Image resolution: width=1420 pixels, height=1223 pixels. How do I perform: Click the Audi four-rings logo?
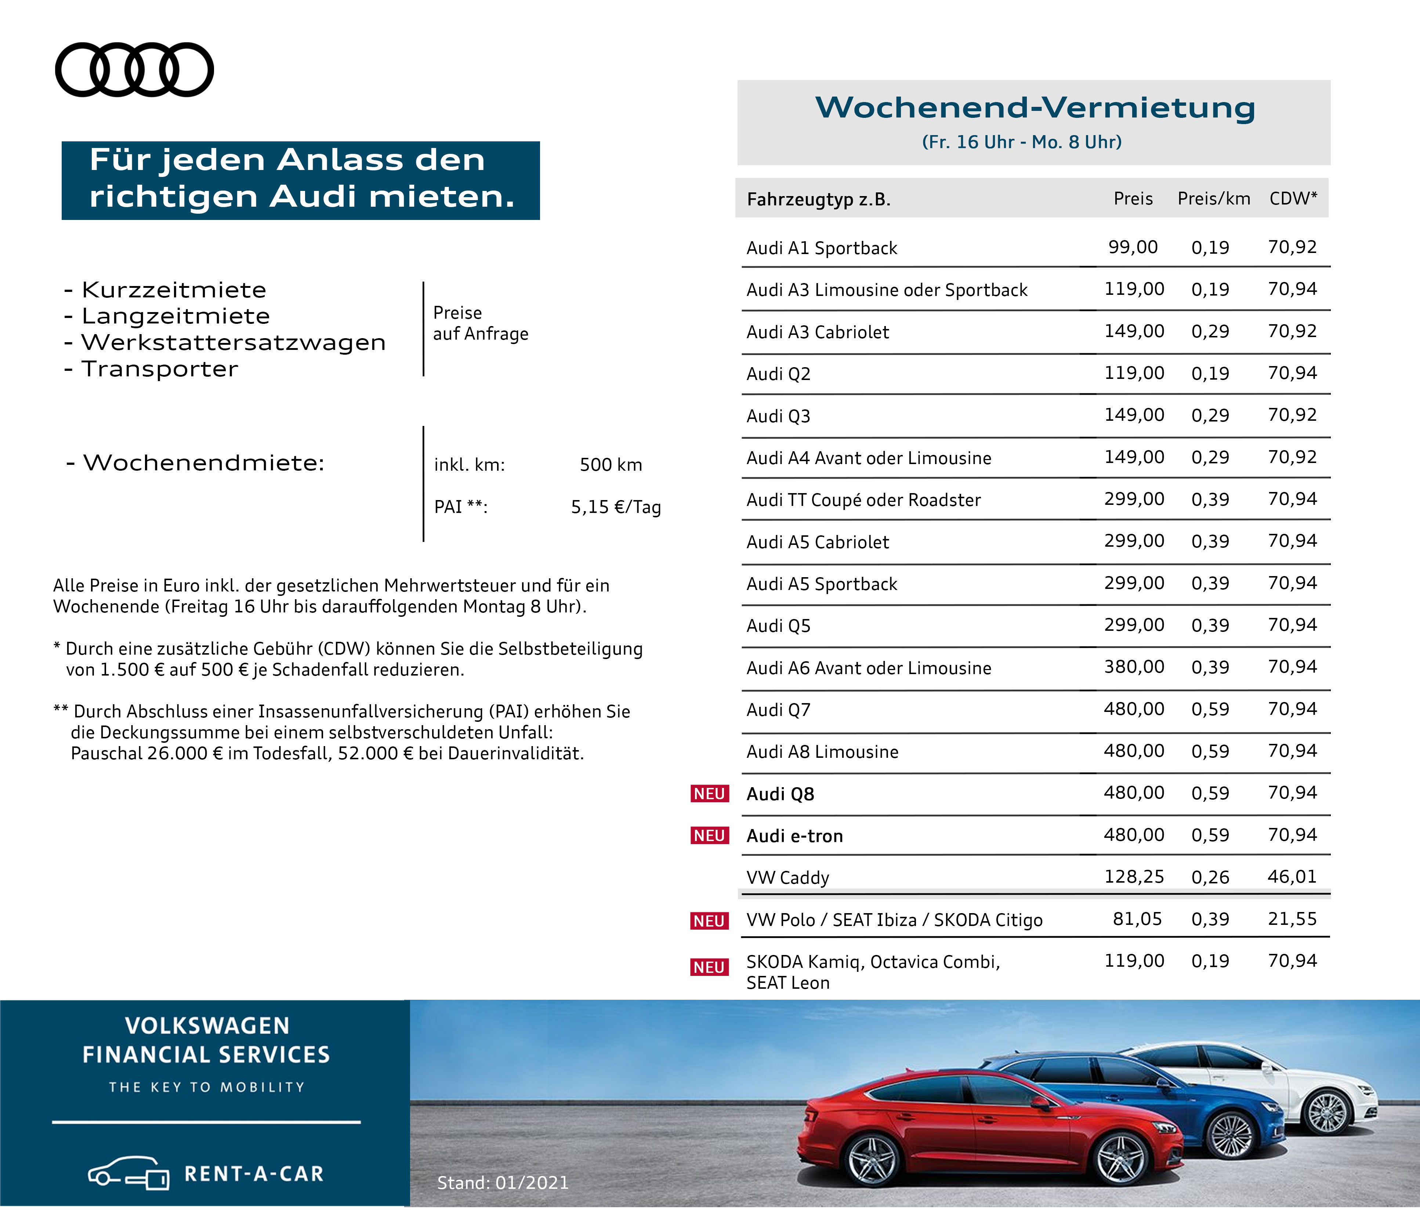coord(134,70)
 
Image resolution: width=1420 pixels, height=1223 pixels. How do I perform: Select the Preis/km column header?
coord(1214,199)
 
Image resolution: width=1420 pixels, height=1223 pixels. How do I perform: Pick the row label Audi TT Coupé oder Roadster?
coord(863,500)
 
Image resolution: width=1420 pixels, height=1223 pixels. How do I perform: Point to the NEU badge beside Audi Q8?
coord(709,794)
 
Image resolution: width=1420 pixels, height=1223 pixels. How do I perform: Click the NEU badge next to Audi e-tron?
coord(709,836)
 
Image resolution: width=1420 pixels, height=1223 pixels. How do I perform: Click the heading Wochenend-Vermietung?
coord(1035,108)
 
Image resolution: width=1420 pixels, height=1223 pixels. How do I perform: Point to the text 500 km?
coord(611,465)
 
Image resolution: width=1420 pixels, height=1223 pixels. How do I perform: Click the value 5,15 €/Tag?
coord(615,507)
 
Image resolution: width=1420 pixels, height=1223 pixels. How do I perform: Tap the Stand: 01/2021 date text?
coord(503,1183)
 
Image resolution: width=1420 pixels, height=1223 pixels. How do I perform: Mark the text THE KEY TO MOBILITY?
coord(206,1087)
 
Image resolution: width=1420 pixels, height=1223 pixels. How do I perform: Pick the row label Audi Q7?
coord(779,710)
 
